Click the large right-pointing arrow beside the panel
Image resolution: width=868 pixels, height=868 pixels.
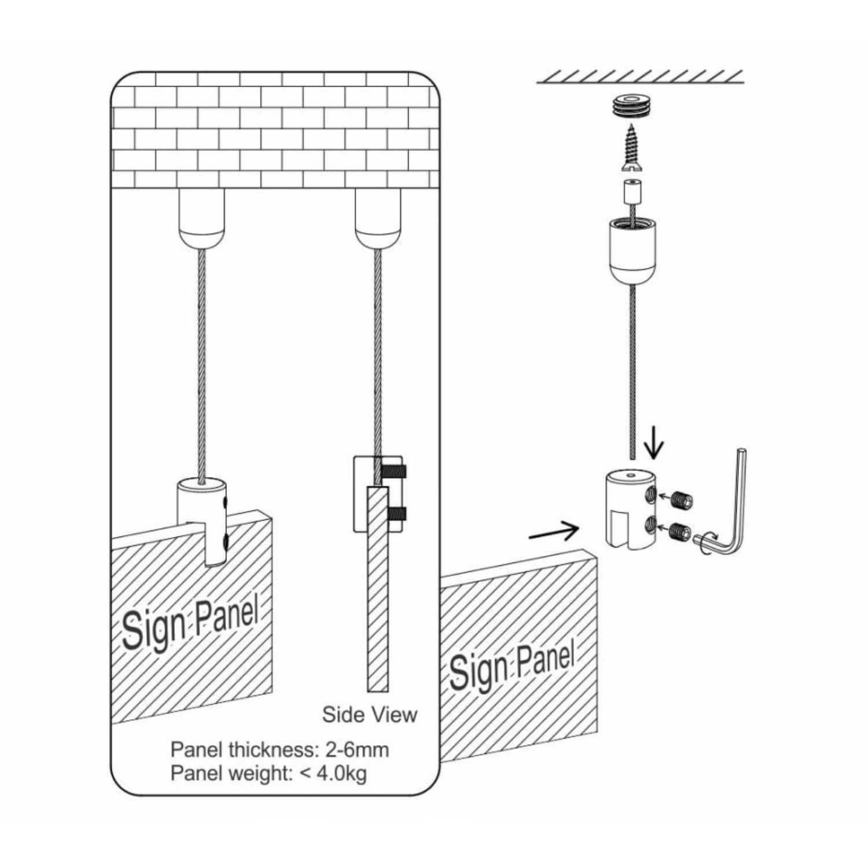click(554, 531)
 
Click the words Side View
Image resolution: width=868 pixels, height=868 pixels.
click(369, 714)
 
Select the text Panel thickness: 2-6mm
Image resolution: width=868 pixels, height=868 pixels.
click(279, 749)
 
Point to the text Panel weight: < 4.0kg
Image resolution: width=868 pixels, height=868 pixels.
click(269, 773)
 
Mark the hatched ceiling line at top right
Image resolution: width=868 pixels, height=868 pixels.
click(640, 77)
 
